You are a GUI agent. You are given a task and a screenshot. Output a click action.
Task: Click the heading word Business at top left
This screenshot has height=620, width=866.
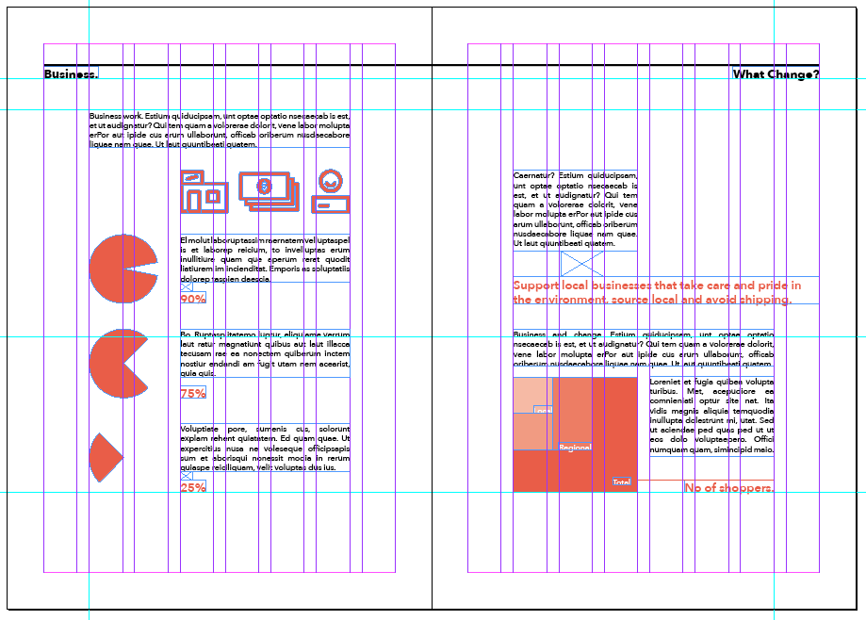pyautogui.click(x=71, y=74)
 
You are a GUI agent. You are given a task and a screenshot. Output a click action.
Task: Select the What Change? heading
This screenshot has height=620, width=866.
pyautogui.click(x=776, y=74)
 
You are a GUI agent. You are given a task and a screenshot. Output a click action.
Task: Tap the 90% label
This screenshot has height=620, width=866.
pyautogui.click(x=193, y=299)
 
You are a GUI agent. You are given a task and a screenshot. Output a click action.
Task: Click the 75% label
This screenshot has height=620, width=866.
pyautogui.click(x=193, y=393)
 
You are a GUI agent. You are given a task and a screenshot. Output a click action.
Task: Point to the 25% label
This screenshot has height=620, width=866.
pyautogui.click(x=193, y=487)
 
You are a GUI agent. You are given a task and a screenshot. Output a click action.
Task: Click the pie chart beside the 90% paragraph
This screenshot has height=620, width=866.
pyautogui.click(x=122, y=269)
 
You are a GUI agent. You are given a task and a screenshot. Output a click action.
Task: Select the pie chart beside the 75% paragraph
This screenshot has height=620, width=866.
pyautogui.click(x=118, y=363)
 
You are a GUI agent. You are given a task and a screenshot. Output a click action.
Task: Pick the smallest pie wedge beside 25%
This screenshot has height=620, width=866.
pyautogui.click(x=104, y=458)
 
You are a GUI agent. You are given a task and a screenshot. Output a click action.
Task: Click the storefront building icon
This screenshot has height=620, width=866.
pyautogui.click(x=204, y=191)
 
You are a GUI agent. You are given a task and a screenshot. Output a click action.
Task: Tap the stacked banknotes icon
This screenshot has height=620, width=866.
pyautogui.click(x=269, y=189)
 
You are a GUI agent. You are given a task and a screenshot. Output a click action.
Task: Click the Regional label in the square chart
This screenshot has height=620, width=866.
pyautogui.click(x=574, y=448)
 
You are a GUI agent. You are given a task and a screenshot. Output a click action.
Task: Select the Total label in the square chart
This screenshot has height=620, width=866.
pyautogui.click(x=621, y=481)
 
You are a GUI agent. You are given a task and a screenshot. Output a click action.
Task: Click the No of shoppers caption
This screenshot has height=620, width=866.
pyautogui.click(x=729, y=487)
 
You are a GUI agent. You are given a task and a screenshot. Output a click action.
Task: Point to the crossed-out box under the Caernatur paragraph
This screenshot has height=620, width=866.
pyautogui.click(x=581, y=264)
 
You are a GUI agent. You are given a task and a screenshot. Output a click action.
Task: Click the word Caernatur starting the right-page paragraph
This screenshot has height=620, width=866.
pyautogui.click(x=533, y=175)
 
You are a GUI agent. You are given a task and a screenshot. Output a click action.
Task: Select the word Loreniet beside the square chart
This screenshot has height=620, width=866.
pyautogui.click(x=667, y=381)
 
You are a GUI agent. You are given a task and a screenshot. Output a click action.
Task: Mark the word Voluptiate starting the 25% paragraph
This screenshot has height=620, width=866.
pyautogui.click(x=201, y=429)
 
